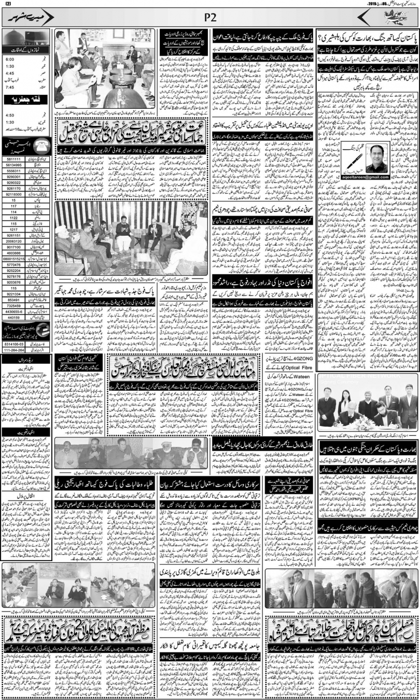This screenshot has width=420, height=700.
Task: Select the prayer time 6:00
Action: coord(9,60)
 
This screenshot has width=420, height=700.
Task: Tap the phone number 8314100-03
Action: coord(13,344)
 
